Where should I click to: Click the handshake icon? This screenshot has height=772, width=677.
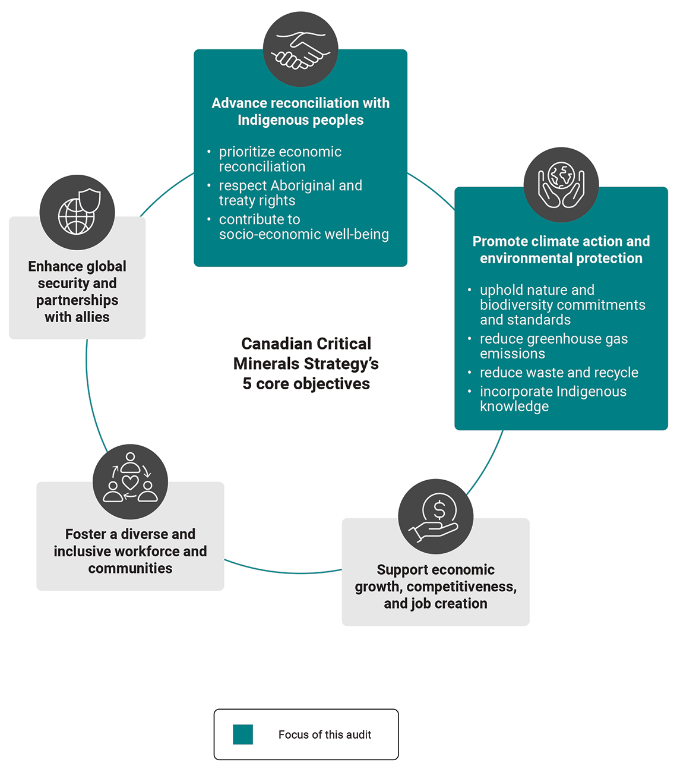pyautogui.click(x=300, y=49)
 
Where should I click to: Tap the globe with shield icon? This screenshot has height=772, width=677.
pyautogui.click(x=77, y=212)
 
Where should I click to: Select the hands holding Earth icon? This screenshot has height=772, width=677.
pyautogui.click(x=561, y=185)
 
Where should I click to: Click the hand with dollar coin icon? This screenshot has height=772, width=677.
pyautogui.click(x=436, y=516)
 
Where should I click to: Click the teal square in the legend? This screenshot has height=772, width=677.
pyautogui.click(x=243, y=735)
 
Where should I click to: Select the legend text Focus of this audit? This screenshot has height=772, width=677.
pyautogui.click(x=324, y=735)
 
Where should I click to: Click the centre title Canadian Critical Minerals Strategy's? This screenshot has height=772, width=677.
pyautogui.click(x=306, y=354)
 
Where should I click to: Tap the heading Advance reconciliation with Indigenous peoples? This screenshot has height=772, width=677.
pyautogui.click(x=300, y=111)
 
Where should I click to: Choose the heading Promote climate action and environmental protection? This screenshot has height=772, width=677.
pyautogui.click(x=561, y=250)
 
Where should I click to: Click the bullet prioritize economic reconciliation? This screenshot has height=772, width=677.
pyautogui.click(x=280, y=159)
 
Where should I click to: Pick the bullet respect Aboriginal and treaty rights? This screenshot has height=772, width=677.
pyautogui.click(x=290, y=193)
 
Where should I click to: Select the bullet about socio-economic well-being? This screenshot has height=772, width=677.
pyautogui.click(x=303, y=227)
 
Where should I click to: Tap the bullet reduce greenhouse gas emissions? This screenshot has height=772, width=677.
pyautogui.click(x=553, y=346)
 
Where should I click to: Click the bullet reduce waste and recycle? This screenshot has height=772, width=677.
pyautogui.click(x=559, y=373)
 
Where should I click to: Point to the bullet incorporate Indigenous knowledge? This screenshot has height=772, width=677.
pyautogui.click(x=552, y=399)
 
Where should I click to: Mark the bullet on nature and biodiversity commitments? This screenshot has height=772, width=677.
pyautogui.click(x=562, y=305)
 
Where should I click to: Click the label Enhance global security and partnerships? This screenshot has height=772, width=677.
pyautogui.click(x=77, y=291)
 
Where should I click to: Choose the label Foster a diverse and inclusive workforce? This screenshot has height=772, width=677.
pyautogui.click(x=130, y=551)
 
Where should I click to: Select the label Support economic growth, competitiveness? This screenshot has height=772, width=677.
pyautogui.click(x=435, y=587)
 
